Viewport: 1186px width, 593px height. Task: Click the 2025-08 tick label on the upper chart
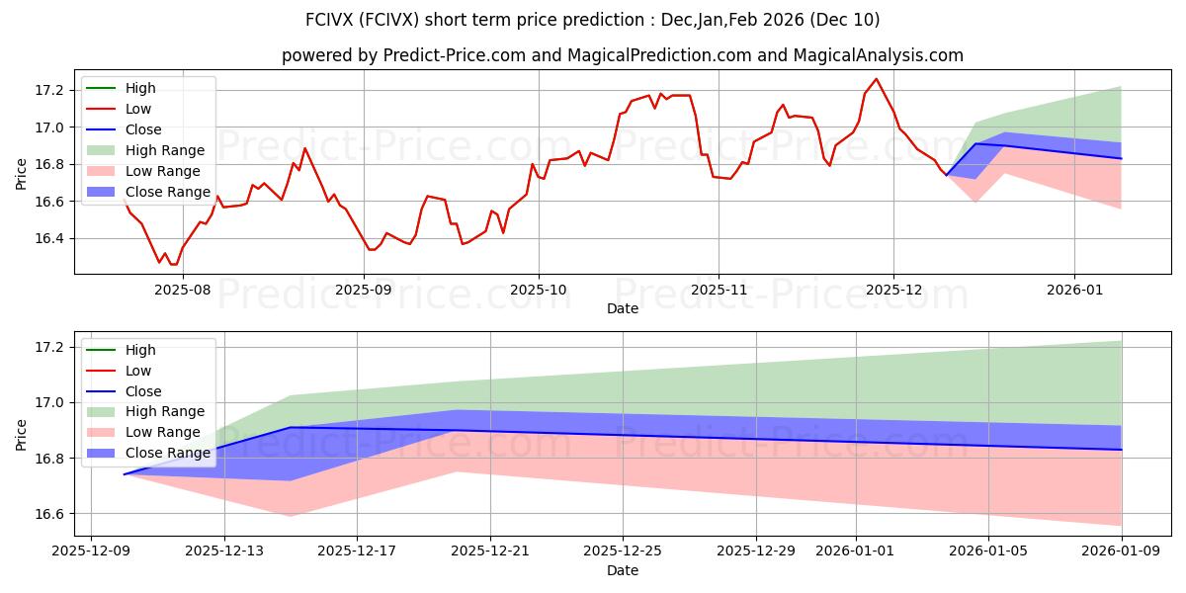tap(183, 290)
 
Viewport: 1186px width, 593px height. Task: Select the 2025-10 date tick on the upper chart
tap(539, 290)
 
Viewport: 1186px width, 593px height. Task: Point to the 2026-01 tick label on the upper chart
tap(1074, 290)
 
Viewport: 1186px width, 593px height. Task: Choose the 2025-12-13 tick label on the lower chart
tap(223, 551)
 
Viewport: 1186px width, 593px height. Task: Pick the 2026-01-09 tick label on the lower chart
tap(1122, 551)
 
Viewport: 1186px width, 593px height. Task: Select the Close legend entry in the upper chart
tap(143, 129)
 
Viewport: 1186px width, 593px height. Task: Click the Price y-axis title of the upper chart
tap(22, 174)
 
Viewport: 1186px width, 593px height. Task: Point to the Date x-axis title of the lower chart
tap(623, 570)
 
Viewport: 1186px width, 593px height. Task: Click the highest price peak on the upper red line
tap(876, 79)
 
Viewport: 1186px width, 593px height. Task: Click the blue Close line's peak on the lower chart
tap(291, 428)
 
